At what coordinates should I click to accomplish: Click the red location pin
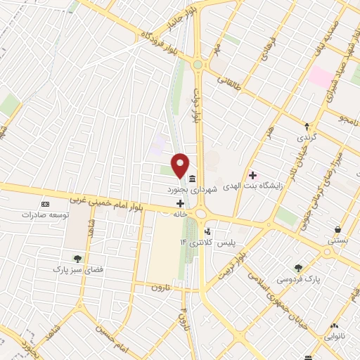[x=180, y=165]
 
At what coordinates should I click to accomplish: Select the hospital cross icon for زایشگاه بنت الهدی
[x=252, y=175]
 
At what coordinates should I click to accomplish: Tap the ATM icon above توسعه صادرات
[x=46, y=203]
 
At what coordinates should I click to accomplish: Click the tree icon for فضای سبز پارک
[x=77, y=258]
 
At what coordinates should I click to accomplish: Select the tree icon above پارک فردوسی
[x=299, y=267]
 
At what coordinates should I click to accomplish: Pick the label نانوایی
[x=333, y=337]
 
